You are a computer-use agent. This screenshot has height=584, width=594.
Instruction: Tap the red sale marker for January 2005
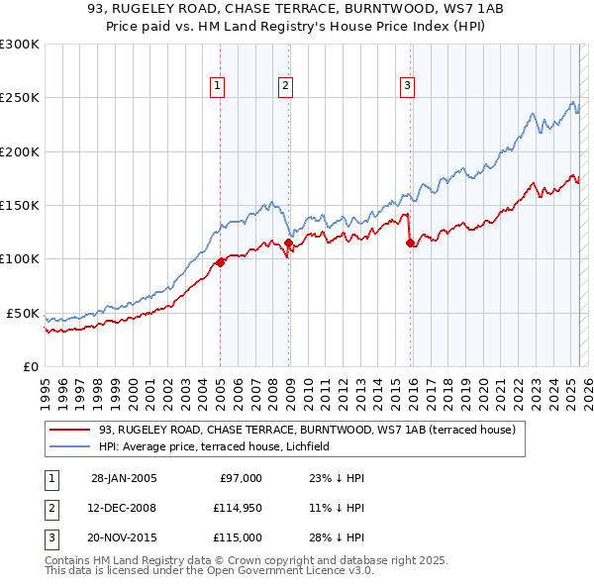pyautogui.click(x=220, y=262)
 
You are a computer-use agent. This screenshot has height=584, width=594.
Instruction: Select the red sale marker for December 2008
pyautogui.click(x=288, y=243)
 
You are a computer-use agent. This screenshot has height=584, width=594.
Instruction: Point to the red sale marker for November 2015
pyautogui.click(x=410, y=243)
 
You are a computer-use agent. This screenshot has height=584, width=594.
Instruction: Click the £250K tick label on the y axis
pyautogui.click(x=20, y=98)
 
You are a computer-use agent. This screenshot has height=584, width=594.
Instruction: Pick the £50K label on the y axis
pyautogui.click(x=23, y=313)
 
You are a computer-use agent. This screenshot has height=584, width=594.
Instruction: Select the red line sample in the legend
pyautogui.click(x=70, y=431)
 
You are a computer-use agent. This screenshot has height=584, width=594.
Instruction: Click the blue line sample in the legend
pyautogui.click(x=70, y=446)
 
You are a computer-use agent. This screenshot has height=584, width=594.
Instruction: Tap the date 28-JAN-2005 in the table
pyautogui.click(x=124, y=478)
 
